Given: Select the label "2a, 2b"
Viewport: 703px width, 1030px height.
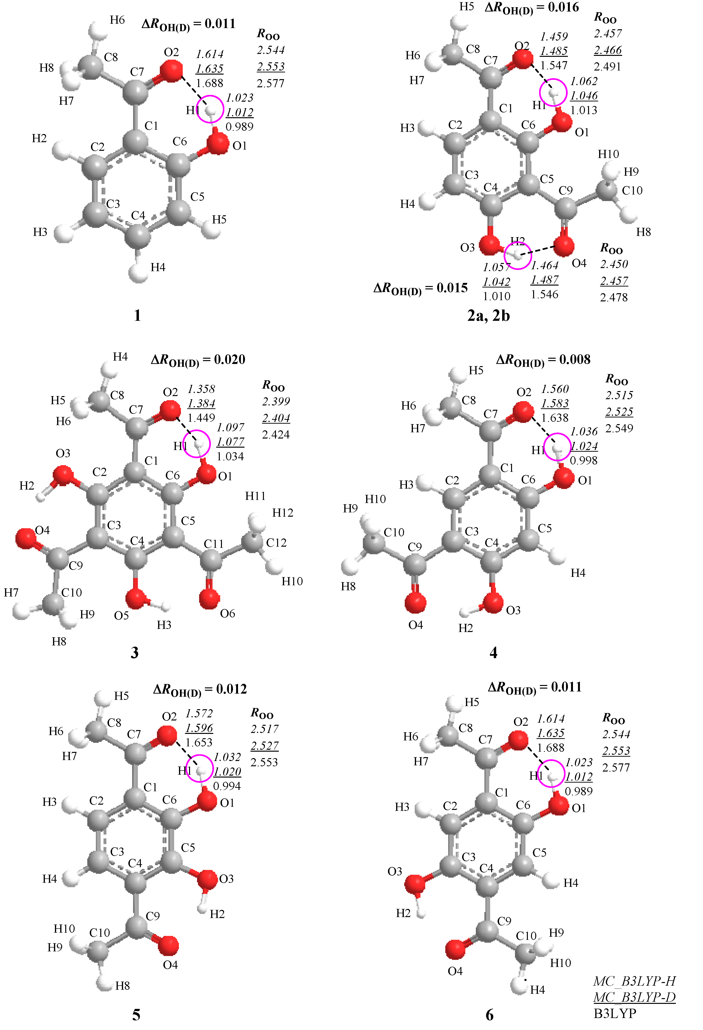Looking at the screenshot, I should click(x=488, y=316).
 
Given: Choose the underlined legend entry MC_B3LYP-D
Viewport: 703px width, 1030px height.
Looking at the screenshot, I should click(x=634, y=997).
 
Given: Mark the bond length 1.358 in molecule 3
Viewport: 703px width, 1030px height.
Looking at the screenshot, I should click(x=201, y=389).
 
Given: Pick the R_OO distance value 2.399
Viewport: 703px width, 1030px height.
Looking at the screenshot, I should click(x=276, y=402).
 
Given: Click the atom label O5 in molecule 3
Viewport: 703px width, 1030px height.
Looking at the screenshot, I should click(x=121, y=616).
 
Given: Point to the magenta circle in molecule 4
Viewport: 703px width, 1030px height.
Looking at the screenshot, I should click(x=558, y=447).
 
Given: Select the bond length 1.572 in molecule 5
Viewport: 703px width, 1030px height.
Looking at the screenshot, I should click(x=199, y=714).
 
